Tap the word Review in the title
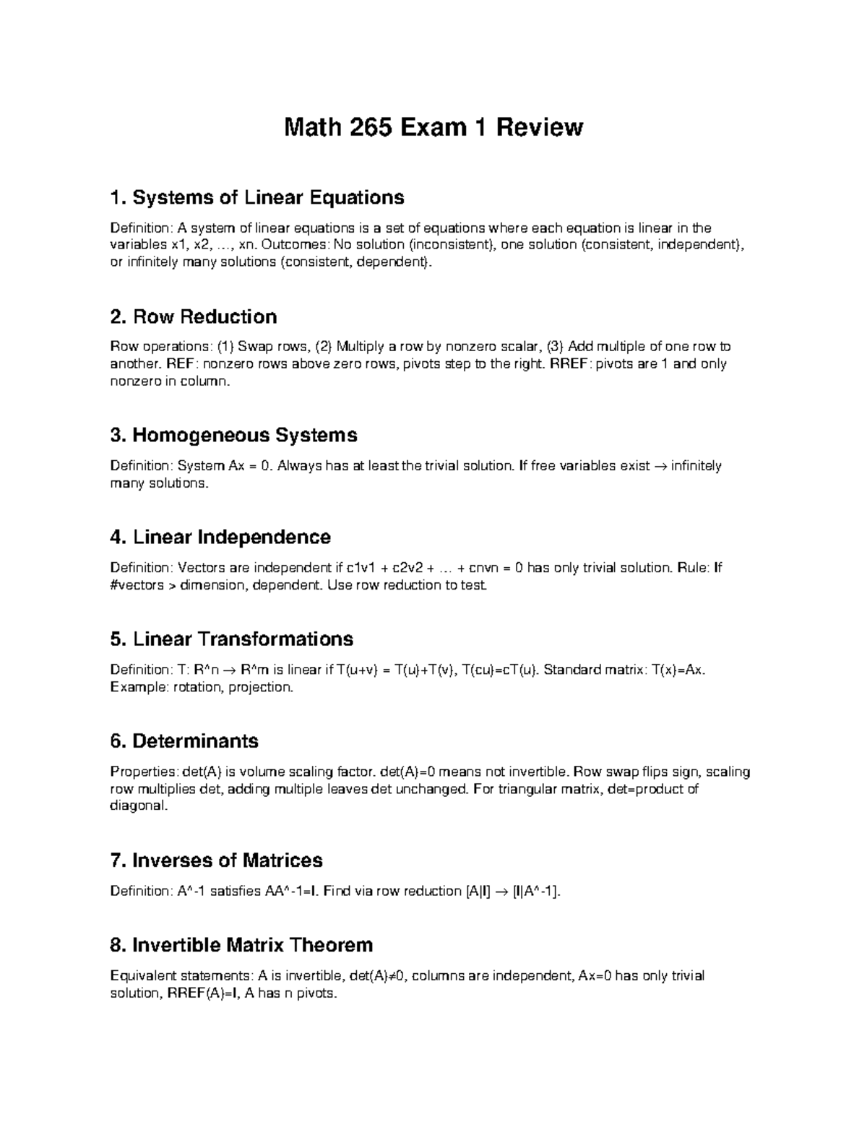click(538, 127)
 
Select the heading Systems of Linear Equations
click(257, 197)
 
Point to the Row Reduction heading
click(194, 316)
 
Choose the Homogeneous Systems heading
click(234, 435)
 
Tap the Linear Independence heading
click(221, 537)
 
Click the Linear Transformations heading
click(232, 639)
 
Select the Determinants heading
click(184, 741)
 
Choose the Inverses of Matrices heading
click(216, 860)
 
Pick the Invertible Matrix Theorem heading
click(241, 945)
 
